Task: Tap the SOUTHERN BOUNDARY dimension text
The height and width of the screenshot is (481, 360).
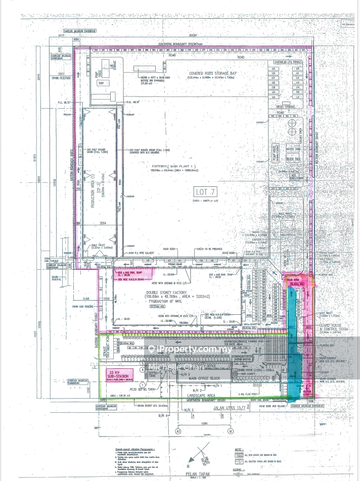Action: coord(179,44)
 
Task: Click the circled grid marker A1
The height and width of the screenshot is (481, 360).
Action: coord(178,431)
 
